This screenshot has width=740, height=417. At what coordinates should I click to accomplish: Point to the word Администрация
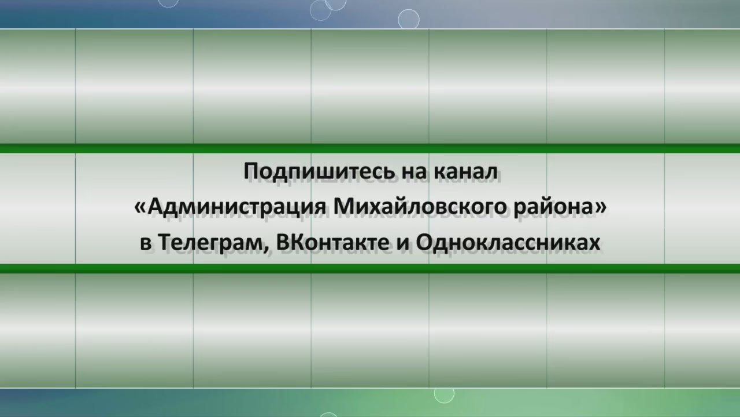(x=237, y=207)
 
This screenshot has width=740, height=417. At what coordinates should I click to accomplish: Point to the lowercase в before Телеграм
(x=146, y=244)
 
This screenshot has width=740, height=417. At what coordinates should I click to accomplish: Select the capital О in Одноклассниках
(x=424, y=242)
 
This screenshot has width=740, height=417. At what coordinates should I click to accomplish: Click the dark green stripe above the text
(x=370, y=148)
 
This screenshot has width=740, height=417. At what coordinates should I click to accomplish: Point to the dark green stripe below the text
(x=370, y=268)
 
